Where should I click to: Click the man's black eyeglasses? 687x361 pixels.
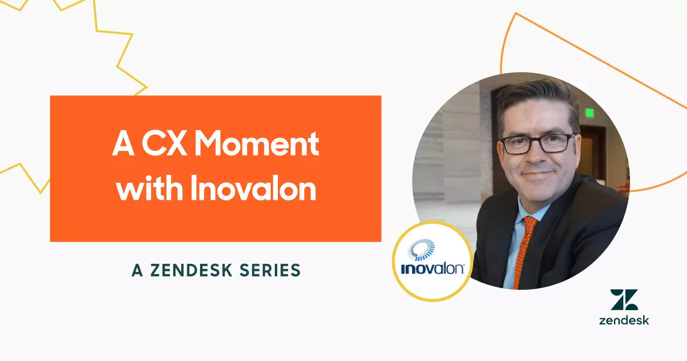[537, 143]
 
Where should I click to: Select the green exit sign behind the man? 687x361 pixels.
[589, 113]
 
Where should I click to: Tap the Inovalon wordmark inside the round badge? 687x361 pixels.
[432, 268]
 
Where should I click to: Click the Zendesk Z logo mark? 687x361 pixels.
[624, 300]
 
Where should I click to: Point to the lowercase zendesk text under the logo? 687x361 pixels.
[624, 320]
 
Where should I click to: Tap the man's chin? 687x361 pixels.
[539, 191]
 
